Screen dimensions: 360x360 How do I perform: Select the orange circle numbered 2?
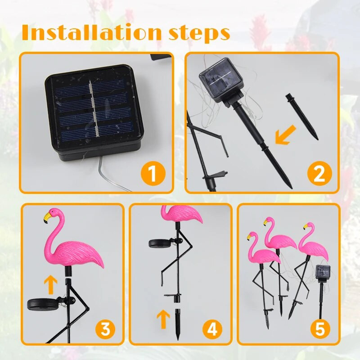[x=319, y=174]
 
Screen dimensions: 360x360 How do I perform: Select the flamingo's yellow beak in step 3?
[x=47, y=217]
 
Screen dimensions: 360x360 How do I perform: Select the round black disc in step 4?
[x=159, y=243]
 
